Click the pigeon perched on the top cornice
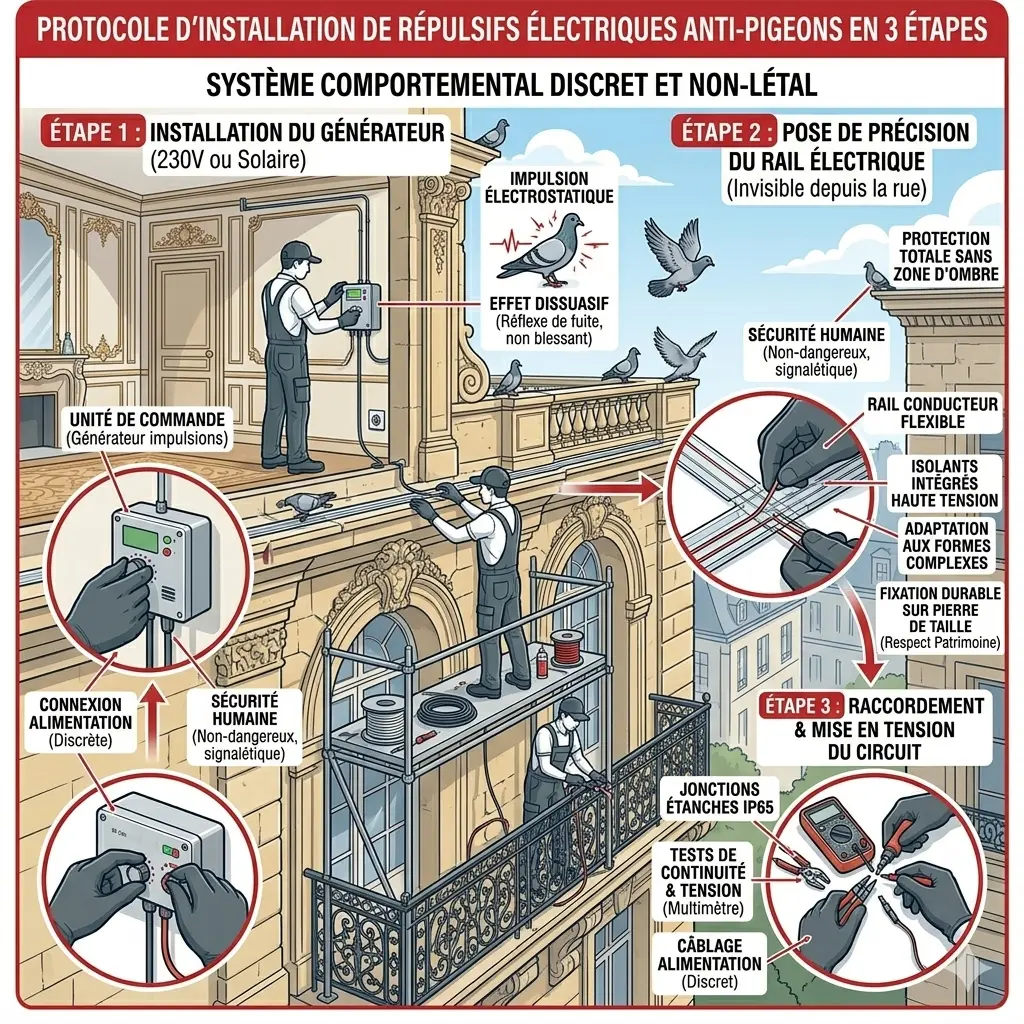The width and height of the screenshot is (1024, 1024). pyautogui.click(x=494, y=133)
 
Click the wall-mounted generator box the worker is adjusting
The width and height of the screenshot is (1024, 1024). pyautogui.click(x=361, y=305)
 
